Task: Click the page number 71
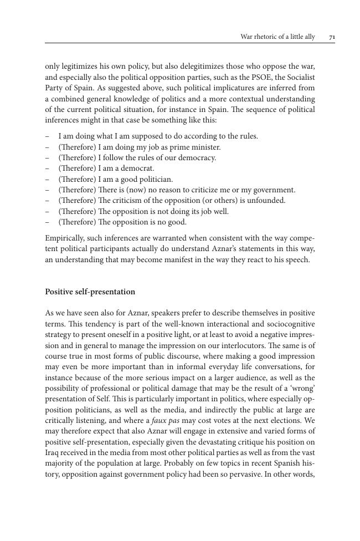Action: (332, 37)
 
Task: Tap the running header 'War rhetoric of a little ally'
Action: (277, 37)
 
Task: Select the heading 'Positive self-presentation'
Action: (90, 292)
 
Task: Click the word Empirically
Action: (65, 238)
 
